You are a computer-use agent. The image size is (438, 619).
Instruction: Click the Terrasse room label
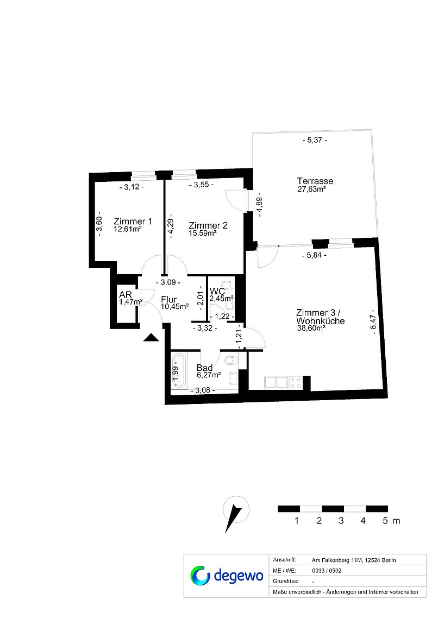pos(315,181)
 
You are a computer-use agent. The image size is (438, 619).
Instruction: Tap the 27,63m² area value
pos(311,189)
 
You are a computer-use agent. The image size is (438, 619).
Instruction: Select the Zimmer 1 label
pos(133,222)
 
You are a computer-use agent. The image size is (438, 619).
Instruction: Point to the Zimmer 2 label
pos(208,225)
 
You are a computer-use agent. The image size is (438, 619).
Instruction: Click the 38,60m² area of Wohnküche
pos(311,327)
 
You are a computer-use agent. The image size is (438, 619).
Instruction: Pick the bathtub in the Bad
pos(179,371)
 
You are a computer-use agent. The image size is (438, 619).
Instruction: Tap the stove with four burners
pos(296,383)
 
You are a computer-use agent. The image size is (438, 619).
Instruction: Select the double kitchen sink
pos(276,383)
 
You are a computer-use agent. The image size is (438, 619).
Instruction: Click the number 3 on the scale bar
pos(341,521)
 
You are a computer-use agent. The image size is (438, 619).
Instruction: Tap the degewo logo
pos(227,576)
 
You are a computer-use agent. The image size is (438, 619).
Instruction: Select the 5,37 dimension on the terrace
pos(315,140)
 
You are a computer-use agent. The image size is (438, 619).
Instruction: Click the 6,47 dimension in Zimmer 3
pos(373,321)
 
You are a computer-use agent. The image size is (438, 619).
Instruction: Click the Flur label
pos(168,300)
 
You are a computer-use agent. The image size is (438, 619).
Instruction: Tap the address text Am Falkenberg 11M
pos(337,560)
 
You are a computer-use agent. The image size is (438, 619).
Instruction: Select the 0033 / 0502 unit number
pos(327,571)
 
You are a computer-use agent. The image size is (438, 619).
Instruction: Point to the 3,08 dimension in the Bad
pos(203,390)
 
